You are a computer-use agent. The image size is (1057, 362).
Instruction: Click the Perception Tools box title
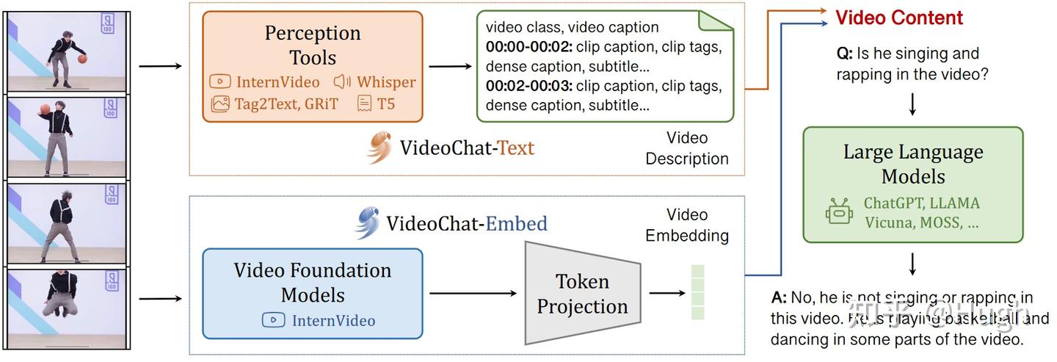313,46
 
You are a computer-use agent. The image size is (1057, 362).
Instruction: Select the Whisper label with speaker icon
375,82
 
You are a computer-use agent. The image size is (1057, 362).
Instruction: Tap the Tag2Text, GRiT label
275,104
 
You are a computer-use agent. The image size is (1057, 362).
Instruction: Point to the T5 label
377,104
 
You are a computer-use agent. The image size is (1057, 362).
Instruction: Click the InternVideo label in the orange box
266,82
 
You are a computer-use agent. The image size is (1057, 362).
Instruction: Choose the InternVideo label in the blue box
320,320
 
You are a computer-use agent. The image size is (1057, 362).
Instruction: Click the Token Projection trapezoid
581,294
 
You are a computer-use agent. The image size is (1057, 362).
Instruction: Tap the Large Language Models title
912,164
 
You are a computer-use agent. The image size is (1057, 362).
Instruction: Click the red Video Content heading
899,18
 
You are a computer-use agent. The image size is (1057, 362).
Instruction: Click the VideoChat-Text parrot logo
380,147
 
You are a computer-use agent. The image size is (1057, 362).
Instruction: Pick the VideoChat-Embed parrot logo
367,223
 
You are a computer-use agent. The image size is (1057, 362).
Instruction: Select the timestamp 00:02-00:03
528,87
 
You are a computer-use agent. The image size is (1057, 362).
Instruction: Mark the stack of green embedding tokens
697,292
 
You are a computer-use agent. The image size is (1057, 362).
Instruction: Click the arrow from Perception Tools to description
450,67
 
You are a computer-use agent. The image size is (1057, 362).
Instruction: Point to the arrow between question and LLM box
912,104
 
